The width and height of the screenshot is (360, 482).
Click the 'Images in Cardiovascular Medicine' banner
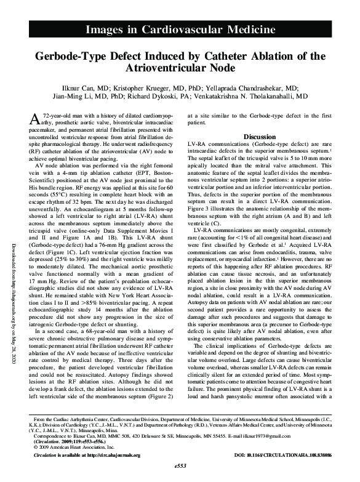pos(180,29)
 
